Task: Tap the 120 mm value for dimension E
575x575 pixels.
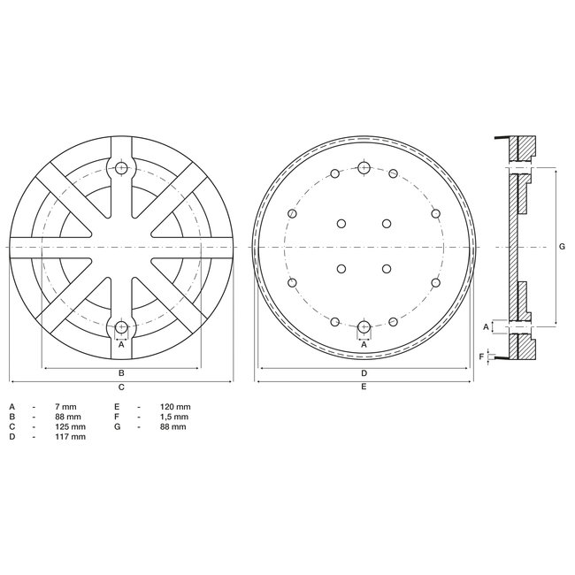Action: pos(176,405)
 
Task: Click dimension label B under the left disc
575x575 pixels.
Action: pos(121,373)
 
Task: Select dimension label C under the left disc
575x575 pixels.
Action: pos(121,387)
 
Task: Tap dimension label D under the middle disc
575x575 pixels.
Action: pos(364,373)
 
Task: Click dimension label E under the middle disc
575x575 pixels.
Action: pos(364,387)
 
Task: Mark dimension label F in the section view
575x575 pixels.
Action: pos(481,356)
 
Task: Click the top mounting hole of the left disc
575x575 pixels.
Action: pos(121,168)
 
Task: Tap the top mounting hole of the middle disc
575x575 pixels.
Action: pos(364,167)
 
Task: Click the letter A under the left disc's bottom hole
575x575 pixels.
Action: pos(121,345)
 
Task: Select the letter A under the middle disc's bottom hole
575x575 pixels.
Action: pos(364,345)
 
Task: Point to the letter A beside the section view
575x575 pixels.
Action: pos(485,326)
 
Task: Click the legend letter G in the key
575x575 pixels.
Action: pos(117,426)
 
